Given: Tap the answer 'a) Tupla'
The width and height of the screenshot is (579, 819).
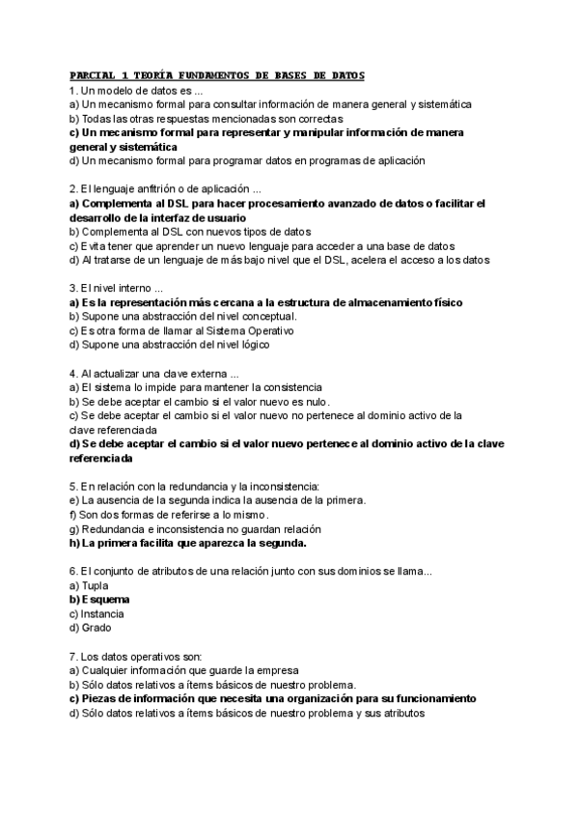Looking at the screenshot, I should pyautogui.click(x=89, y=585).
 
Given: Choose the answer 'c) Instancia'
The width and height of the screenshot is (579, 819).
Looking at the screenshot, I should pyautogui.click(x=96, y=612).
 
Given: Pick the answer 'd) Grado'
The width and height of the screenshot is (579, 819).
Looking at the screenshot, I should pyautogui.click(x=91, y=627).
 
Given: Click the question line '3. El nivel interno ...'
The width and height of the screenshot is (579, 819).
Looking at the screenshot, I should pyautogui.click(x=117, y=288).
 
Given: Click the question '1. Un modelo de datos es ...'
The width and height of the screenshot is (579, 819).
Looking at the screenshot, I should pyautogui.click(x=136, y=90).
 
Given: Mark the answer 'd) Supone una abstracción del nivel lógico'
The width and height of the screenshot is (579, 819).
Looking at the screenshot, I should pyautogui.click(x=182, y=344).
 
